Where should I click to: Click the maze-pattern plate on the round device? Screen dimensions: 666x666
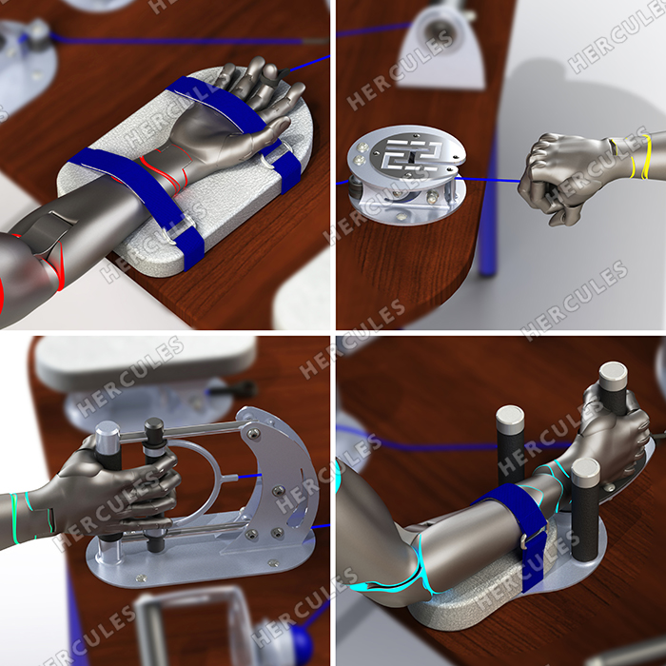pyautogui.click(x=411, y=154)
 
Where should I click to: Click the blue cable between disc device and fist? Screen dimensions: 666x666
pyautogui.click(x=488, y=179)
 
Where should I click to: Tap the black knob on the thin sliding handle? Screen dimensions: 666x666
pyautogui.click(x=154, y=426)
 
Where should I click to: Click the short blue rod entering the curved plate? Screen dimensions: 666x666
pyautogui.click(x=249, y=477)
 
